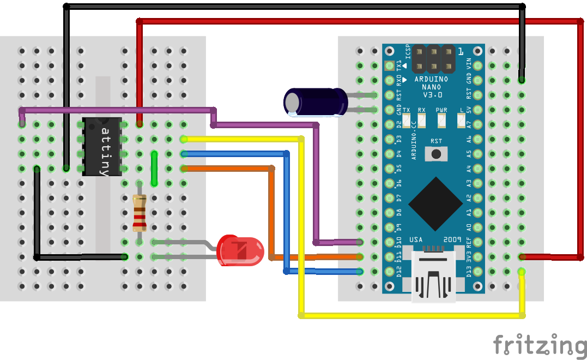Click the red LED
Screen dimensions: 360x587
(x=240, y=251)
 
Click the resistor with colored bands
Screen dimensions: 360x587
(x=140, y=213)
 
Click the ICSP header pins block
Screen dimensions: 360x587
(x=434, y=59)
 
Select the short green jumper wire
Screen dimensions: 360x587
(x=154, y=169)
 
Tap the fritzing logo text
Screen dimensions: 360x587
(x=539, y=345)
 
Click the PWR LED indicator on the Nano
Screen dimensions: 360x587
(x=441, y=119)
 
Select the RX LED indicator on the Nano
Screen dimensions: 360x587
(x=421, y=119)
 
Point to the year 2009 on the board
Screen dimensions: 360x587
(x=452, y=239)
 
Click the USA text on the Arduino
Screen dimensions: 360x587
(x=416, y=239)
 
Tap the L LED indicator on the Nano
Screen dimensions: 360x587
(x=461, y=119)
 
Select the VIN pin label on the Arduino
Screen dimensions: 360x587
(x=470, y=64)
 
